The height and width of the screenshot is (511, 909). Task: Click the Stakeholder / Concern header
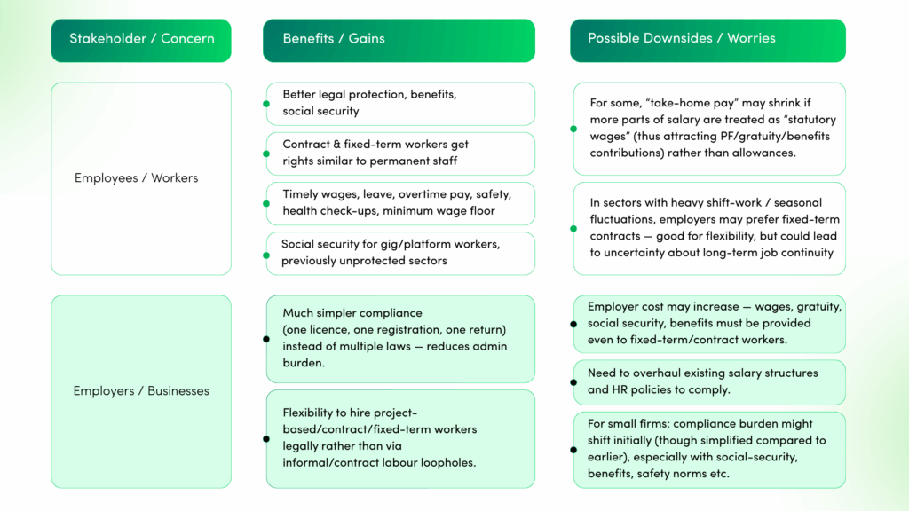(141, 39)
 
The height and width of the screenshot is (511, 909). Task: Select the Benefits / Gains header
(399, 39)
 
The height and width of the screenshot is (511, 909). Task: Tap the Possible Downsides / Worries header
(707, 39)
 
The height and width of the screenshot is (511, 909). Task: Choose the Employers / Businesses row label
(141, 391)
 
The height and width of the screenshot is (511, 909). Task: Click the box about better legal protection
(400, 104)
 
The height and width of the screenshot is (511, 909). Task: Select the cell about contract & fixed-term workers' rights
(400, 153)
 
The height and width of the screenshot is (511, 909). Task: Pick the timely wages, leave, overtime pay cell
(400, 203)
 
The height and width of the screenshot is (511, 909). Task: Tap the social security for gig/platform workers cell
(400, 253)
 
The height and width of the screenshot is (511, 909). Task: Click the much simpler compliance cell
(400, 338)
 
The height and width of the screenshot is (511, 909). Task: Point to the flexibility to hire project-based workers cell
(400, 438)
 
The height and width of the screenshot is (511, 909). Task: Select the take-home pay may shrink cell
(709, 129)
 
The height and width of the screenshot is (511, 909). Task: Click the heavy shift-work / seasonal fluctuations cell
(709, 228)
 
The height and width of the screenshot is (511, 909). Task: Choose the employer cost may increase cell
(709, 324)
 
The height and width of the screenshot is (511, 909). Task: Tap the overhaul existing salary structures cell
(709, 381)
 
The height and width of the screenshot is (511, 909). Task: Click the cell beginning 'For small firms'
(709, 449)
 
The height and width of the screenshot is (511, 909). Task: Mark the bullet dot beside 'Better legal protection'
(265, 104)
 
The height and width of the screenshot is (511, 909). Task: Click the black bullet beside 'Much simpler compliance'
(265, 338)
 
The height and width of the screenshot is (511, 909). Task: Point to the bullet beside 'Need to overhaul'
(573, 382)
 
